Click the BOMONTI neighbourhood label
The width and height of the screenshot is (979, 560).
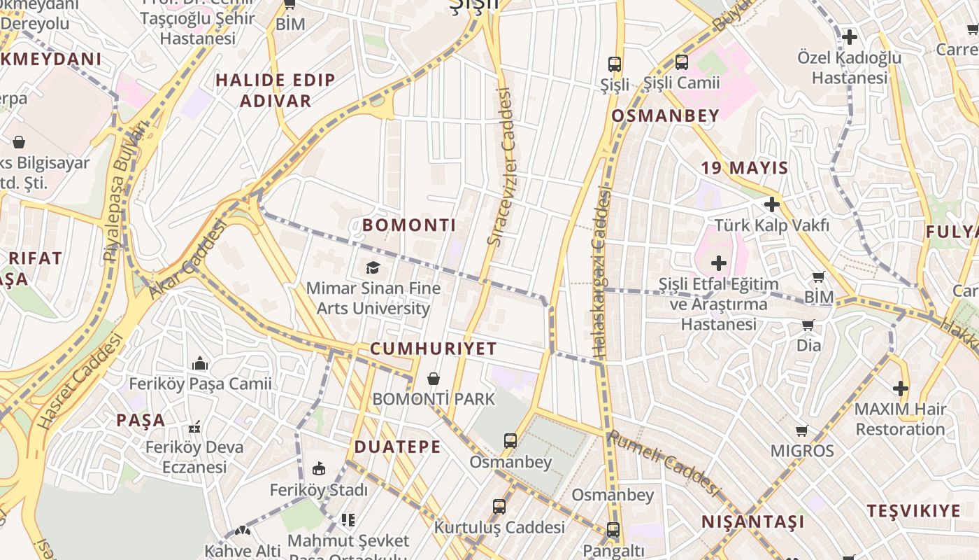pyautogui.click(x=409, y=225)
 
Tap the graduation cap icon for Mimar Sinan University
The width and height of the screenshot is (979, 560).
pyautogui.click(x=373, y=267)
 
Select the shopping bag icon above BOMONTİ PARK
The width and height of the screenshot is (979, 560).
pyautogui.click(x=434, y=379)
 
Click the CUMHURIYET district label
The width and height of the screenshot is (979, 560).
pyautogui.click(x=434, y=349)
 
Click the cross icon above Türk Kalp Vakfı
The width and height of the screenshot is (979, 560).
pyautogui.click(x=772, y=204)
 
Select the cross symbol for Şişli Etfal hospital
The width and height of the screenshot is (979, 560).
pyautogui.click(x=719, y=263)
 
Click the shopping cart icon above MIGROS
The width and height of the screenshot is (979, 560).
pyautogui.click(x=802, y=430)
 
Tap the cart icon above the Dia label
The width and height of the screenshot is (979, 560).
pyautogui.click(x=808, y=325)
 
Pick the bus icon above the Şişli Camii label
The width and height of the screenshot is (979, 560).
pyautogui.click(x=681, y=62)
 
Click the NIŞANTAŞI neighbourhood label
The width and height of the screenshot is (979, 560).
pyautogui.click(x=752, y=522)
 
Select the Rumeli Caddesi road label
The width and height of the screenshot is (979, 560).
pyautogui.click(x=664, y=463)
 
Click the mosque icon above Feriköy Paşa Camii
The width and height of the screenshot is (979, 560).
pyautogui.click(x=200, y=363)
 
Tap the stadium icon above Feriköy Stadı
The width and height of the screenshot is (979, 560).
pyautogui.click(x=318, y=468)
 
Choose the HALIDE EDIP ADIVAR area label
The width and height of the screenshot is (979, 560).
pyautogui.click(x=276, y=90)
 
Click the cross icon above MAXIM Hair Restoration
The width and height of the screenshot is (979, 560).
pyautogui.click(x=901, y=388)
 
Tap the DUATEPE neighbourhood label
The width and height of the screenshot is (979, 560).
pyautogui.click(x=397, y=447)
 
